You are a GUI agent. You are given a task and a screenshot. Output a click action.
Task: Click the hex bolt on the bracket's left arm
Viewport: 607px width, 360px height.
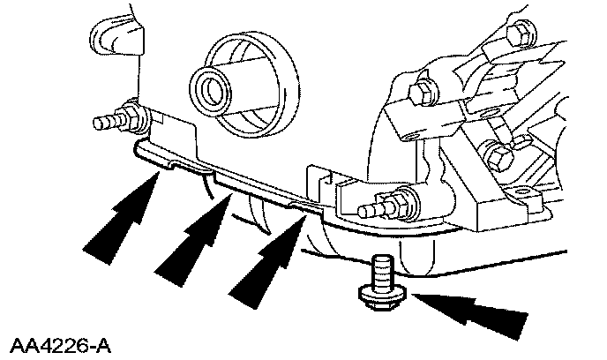tap(421, 90)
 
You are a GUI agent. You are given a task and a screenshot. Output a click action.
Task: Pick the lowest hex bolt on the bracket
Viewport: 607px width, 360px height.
tap(498, 158)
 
